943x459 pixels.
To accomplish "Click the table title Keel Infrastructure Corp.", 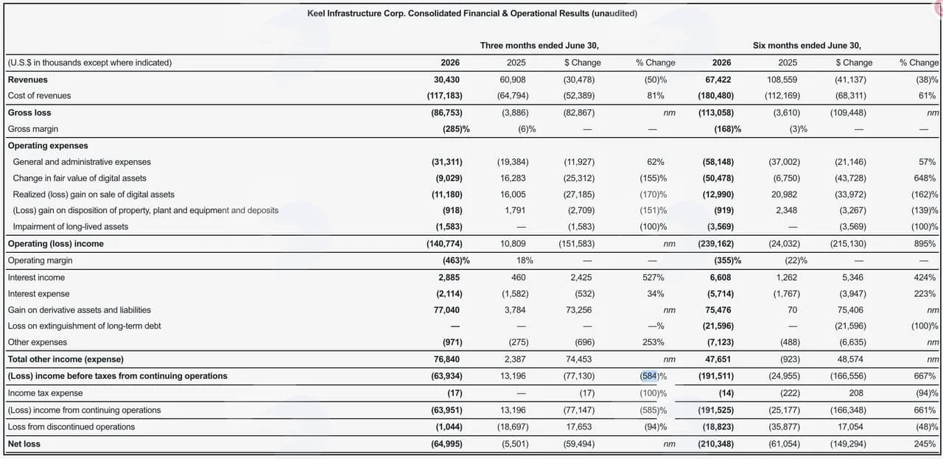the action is click(x=472, y=13).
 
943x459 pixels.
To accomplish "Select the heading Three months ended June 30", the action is click(x=539, y=46).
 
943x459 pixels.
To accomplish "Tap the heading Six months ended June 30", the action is click(x=807, y=46).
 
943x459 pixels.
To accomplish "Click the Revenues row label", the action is click(x=28, y=80).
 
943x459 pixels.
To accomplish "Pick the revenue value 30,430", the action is click(x=446, y=80).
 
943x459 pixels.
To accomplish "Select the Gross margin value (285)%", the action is click(x=456, y=129).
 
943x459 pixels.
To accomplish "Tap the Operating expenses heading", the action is click(x=48, y=146).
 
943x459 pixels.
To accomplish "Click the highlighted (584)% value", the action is click(x=653, y=376).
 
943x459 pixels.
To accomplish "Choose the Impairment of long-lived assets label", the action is click(x=70, y=226).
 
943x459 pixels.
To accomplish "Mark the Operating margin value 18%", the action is click(x=525, y=261).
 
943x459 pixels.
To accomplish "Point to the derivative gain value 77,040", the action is click(x=446, y=310).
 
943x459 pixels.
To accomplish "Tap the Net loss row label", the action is click(x=24, y=444).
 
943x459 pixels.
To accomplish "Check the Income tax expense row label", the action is click(x=45, y=393).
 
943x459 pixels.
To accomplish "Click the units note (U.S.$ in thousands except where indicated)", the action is click(x=90, y=63).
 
